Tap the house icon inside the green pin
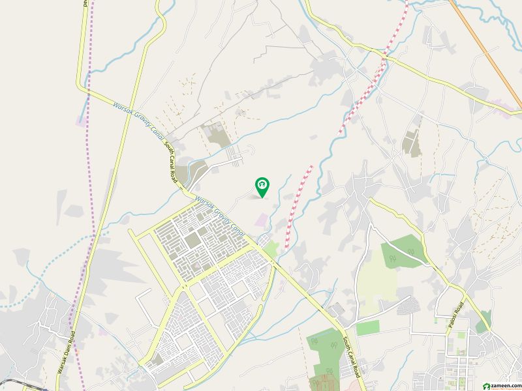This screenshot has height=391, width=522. coord(262,186)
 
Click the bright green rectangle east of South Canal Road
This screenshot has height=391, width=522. coord(367,328)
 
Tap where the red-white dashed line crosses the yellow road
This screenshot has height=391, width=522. coord(386,57)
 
